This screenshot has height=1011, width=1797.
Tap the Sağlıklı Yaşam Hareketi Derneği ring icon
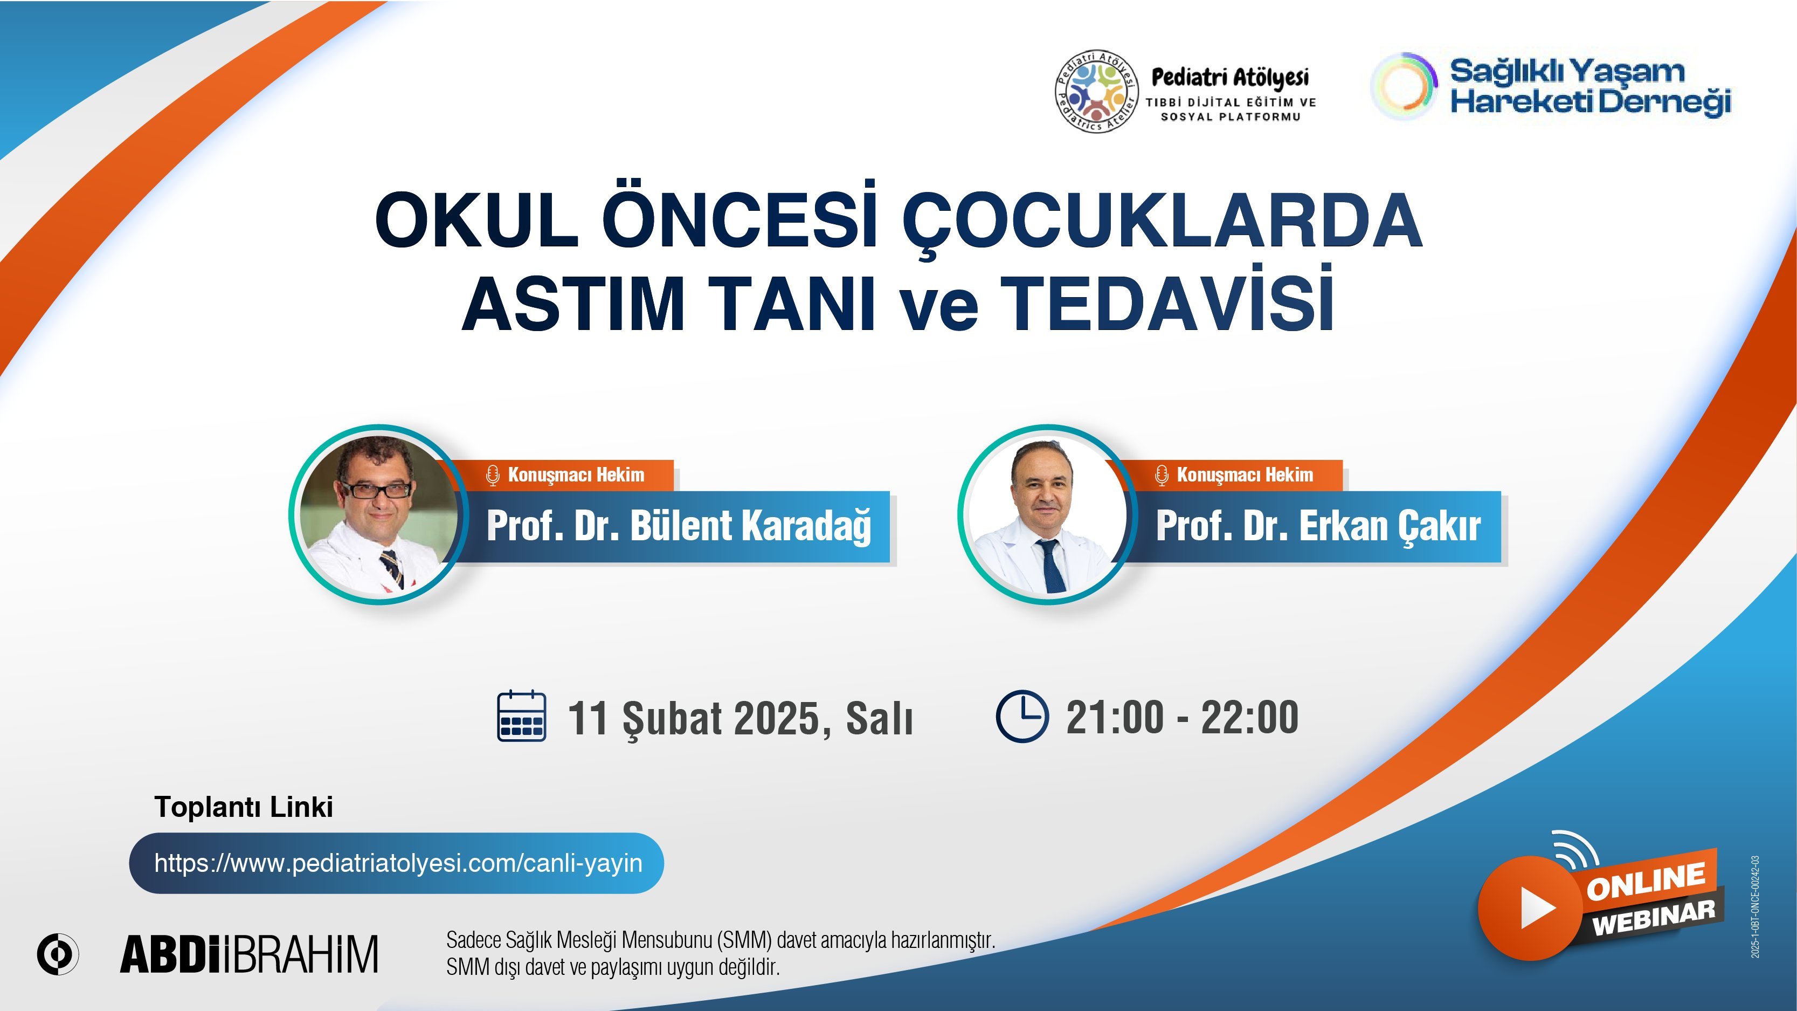click(1404, 85)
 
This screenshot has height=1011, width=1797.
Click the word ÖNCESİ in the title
click(739, 218)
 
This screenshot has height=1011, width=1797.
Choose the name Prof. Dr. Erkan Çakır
click(1318, 526)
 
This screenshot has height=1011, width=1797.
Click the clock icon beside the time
click(1021, 715)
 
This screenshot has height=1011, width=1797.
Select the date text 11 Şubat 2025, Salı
click(740, 718)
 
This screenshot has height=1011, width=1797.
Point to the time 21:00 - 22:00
click(1183, 717)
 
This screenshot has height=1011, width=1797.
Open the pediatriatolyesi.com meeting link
click(398, 863)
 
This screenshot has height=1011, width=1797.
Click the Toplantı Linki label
click(244, 807)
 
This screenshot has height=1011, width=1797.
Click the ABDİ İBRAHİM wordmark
click(249, 954)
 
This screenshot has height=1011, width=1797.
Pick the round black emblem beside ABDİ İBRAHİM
click(58, 953)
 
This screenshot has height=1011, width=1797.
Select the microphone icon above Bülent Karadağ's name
click(493, 475)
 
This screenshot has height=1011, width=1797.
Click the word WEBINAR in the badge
click(1653, 917)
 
